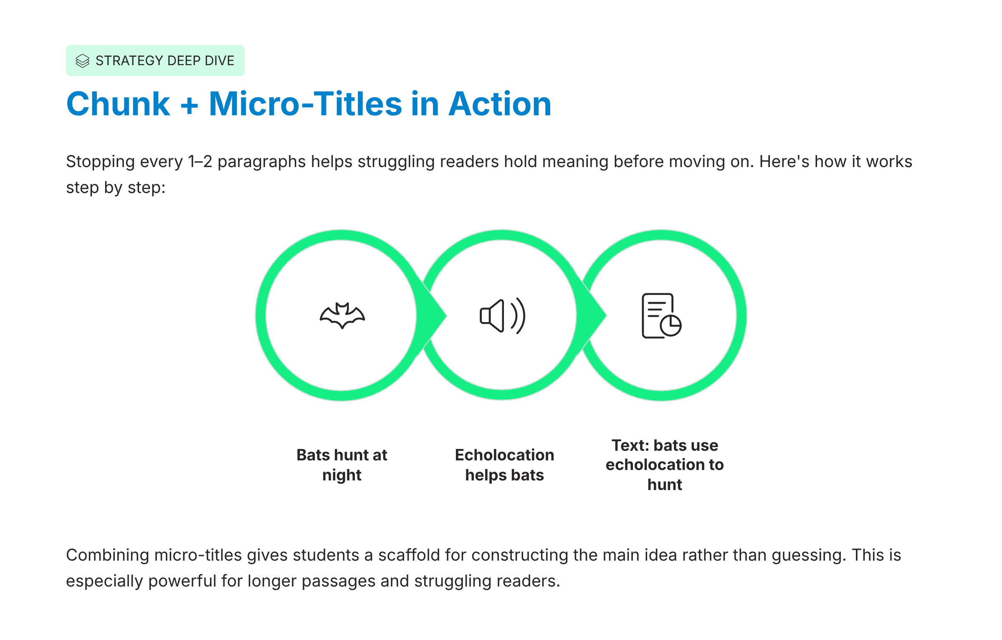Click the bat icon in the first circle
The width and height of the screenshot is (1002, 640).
tap(342, 315)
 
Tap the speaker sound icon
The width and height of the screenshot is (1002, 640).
tap(502, 316)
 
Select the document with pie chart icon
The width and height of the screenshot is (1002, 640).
tap(662, 315)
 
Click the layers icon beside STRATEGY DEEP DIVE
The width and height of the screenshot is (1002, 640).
tap(83, 61)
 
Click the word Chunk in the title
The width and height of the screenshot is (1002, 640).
tap(118, 104)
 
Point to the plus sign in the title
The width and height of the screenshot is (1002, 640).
tap(189, 105)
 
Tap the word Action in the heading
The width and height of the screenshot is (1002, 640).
tap(500, 104)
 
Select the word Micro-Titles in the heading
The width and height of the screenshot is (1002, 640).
tap(305, 104)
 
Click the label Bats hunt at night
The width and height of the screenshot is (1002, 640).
tap(342, 465)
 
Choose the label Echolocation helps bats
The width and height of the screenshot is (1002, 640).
tap(504, 465)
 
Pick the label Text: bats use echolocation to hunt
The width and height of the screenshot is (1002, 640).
tap(665, 465)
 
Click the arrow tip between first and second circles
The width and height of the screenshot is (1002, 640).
tap(446, 316)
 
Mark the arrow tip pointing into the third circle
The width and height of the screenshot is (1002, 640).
tap(606, 316)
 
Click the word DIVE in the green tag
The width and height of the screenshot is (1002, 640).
tap(220, 61)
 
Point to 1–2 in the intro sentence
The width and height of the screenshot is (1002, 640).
tap(200, 162)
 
